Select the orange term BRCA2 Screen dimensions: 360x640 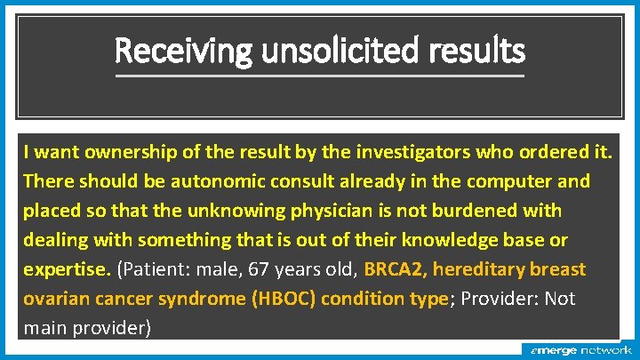coord(395,268)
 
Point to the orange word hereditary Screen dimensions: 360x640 coord(484,268)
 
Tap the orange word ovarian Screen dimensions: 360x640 coord(54,298)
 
